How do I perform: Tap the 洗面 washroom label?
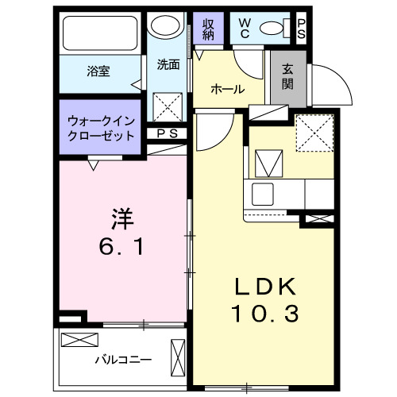[x=168, y=65]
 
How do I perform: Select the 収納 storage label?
[x=209, y=29]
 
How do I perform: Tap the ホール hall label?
[x=227, y=90]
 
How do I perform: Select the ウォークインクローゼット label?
[x=100, y=128]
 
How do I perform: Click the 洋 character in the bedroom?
[x=121, y=217]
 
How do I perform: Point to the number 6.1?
[x=121, y=247]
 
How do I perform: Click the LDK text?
[x=265, y=286]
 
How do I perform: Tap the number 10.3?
[x=265, y=315]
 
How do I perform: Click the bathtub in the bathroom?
[x=102, y=34]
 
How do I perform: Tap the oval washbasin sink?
[x=168, y=27]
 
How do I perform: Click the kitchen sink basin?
[x=264, y=193]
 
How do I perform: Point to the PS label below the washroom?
[x=167, y=134]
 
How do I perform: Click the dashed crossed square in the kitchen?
[x=314, y=131]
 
